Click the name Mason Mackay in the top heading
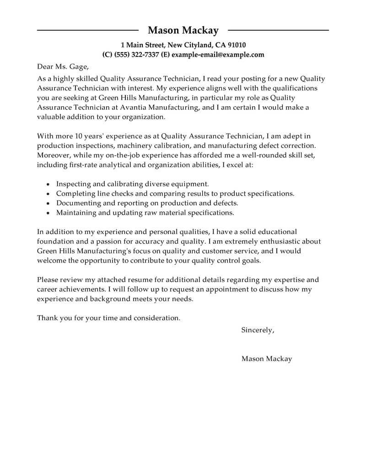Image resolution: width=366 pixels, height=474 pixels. point(183,31)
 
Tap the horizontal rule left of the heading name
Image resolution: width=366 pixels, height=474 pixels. point(87,30)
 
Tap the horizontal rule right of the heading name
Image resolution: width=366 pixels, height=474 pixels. point(278,30)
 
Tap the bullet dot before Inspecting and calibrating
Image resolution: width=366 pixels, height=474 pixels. point(48,184)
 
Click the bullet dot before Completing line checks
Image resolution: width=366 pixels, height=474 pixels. point(48,194)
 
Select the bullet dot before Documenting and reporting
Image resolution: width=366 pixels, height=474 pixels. point(48,203)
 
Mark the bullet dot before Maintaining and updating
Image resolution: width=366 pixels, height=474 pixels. point(48,213)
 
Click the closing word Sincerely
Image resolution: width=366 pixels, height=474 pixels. point(258,330)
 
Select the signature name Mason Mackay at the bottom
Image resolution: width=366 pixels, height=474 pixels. point(266,359)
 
